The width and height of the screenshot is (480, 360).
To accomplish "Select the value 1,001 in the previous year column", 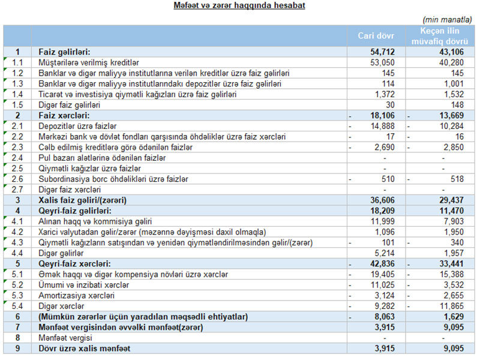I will point(454,83).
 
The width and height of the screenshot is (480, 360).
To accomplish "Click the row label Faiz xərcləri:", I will point(64,115).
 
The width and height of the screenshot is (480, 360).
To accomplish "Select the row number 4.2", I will point(17,232).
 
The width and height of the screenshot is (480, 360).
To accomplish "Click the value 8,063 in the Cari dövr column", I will point(394,316).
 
